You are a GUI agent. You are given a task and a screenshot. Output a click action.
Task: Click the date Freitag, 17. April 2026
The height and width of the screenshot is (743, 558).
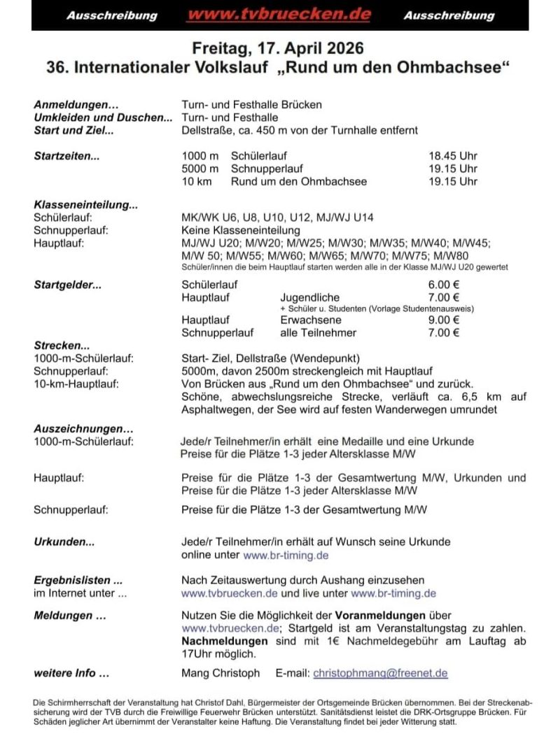coord(279,49)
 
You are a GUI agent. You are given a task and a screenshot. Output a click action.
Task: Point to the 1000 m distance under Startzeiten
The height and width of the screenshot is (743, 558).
coord(200,155)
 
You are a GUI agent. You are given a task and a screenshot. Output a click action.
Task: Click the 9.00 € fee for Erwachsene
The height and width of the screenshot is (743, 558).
coord(444,320)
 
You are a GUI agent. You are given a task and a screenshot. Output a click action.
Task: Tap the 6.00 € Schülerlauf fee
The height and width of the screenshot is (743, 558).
coord(444,285)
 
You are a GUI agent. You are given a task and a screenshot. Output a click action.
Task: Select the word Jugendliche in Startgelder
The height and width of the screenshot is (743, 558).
coord(309,297)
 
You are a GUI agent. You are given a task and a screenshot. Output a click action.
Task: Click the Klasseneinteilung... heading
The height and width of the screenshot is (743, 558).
coord(85,206)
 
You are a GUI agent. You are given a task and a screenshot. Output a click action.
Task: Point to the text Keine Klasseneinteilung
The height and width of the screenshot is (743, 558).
coord(240,230)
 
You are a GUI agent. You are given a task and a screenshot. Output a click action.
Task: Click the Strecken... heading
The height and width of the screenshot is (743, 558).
coord(62,346)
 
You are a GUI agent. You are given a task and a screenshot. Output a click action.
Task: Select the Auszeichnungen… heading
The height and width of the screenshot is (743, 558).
coord(83,429)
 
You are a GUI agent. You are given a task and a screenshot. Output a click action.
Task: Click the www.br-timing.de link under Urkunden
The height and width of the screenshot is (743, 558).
coord(286,556)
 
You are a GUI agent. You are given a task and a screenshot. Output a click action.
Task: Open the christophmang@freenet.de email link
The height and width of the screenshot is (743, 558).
coord(380,673)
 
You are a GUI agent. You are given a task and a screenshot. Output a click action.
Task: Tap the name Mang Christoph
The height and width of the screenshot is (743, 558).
coord(220,673)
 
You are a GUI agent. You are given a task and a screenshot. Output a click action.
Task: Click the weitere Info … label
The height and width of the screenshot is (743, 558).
coord(71,673)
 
